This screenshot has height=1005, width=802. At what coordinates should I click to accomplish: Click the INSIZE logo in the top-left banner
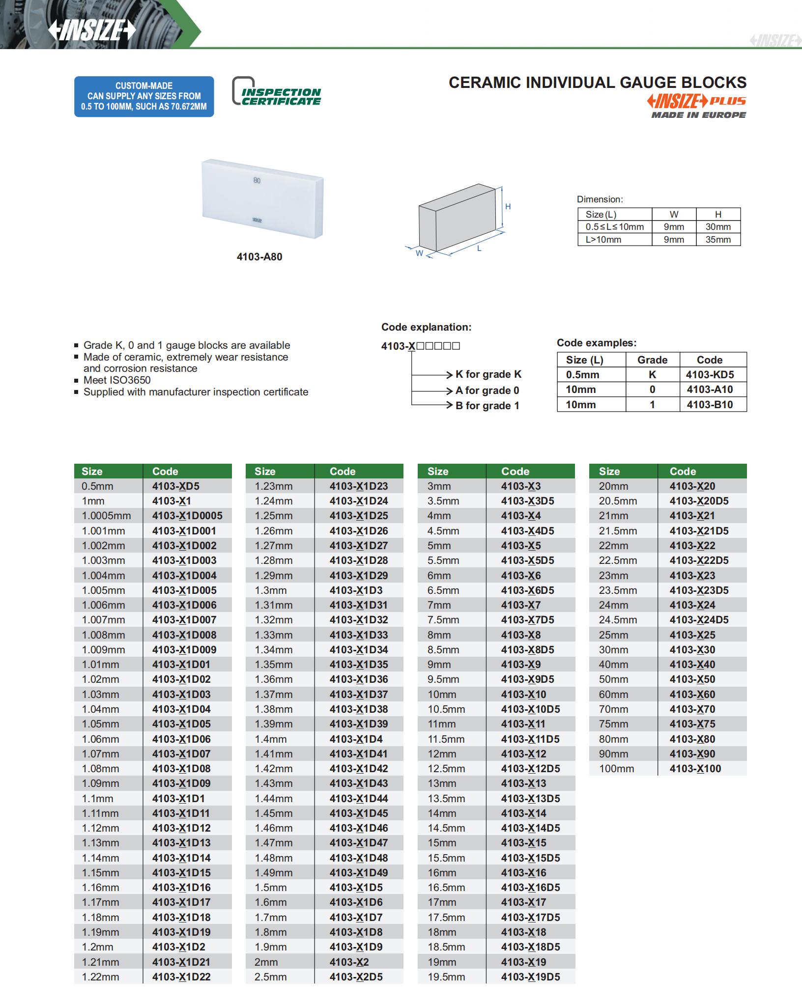[91, 30]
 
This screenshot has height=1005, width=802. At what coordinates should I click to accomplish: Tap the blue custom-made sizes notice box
[144, 96]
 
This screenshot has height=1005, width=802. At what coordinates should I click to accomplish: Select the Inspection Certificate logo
[276, 92]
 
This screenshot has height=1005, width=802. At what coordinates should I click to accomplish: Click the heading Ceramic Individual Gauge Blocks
[597, 83]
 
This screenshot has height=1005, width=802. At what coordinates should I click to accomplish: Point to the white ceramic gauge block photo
[262, 198]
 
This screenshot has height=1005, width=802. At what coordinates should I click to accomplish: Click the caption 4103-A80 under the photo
[259, 257]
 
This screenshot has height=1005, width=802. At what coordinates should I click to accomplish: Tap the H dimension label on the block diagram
[508, 207]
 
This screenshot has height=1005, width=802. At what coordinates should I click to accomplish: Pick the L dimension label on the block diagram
[479, 249]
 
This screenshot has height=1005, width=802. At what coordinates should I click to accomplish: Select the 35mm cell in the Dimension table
[717, 240]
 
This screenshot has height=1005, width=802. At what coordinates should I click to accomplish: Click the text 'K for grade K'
[488, 374]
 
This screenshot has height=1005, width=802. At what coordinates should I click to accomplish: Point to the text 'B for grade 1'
[487, 406]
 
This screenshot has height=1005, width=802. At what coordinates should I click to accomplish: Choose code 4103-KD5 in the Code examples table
[710, 375]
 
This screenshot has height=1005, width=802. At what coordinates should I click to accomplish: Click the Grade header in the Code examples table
[652, 360]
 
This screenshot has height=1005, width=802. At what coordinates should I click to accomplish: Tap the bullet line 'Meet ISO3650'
[117, 380]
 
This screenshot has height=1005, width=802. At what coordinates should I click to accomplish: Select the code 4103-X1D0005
[187, 516]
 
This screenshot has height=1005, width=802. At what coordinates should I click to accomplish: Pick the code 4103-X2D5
[356, 977]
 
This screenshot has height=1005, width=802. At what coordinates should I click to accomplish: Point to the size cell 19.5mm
[446, 977]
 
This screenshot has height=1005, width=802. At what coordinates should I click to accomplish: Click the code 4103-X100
[695, 769]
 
